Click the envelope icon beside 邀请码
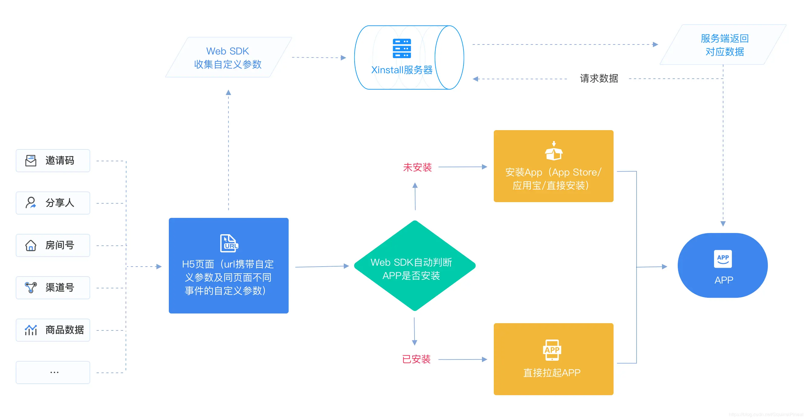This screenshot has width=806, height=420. click(31, 161)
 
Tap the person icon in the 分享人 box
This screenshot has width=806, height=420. click(31, 203)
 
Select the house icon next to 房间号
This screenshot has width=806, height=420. click(31, 245)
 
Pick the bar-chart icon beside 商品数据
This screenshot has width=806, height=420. click(31, 330)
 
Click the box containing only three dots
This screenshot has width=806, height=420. click(53, 372)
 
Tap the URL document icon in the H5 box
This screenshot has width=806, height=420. click(229, 243)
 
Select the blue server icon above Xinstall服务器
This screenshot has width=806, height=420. click(402, 48)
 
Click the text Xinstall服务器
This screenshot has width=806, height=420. click(402, 70)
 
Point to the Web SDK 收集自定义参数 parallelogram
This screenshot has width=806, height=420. click(228, 57)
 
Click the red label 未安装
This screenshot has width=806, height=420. click(417, 167)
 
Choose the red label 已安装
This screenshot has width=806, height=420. click(416, 359)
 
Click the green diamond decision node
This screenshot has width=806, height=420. click(414, 266)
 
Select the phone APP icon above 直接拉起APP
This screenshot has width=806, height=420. click(552, 350)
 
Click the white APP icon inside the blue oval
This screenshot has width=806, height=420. click(723, 259)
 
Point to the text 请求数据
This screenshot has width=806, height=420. click(598, 79)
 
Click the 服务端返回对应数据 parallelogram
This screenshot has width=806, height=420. click(724, 45)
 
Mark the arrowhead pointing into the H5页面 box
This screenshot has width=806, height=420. click(159, 267)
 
